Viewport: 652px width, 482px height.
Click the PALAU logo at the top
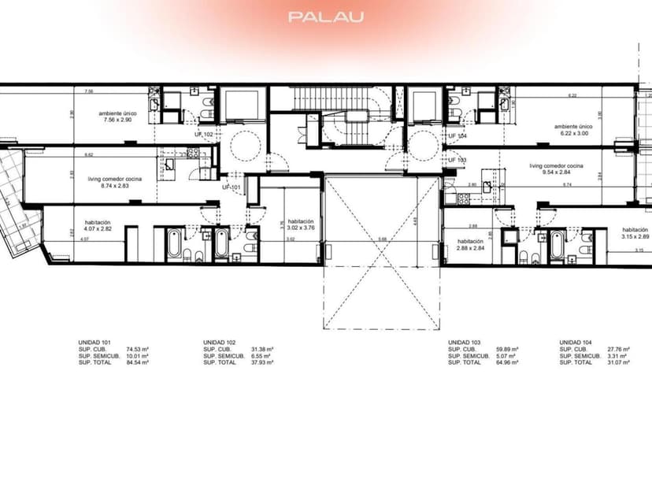[325, 16]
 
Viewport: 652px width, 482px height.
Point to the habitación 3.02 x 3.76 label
[302, 225]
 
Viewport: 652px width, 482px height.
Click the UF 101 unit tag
[232, 187]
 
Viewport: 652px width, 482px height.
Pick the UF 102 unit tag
[205, 135]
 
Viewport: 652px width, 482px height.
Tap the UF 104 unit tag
[458, 135]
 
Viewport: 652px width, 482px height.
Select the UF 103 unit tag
[458, 160]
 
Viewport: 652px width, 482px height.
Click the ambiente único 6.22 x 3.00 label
[572, 130]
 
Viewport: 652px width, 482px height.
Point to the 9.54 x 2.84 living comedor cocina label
[556, 171]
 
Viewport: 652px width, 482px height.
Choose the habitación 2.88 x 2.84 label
[470, 245]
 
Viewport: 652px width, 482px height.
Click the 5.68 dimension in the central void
[382, 239]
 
